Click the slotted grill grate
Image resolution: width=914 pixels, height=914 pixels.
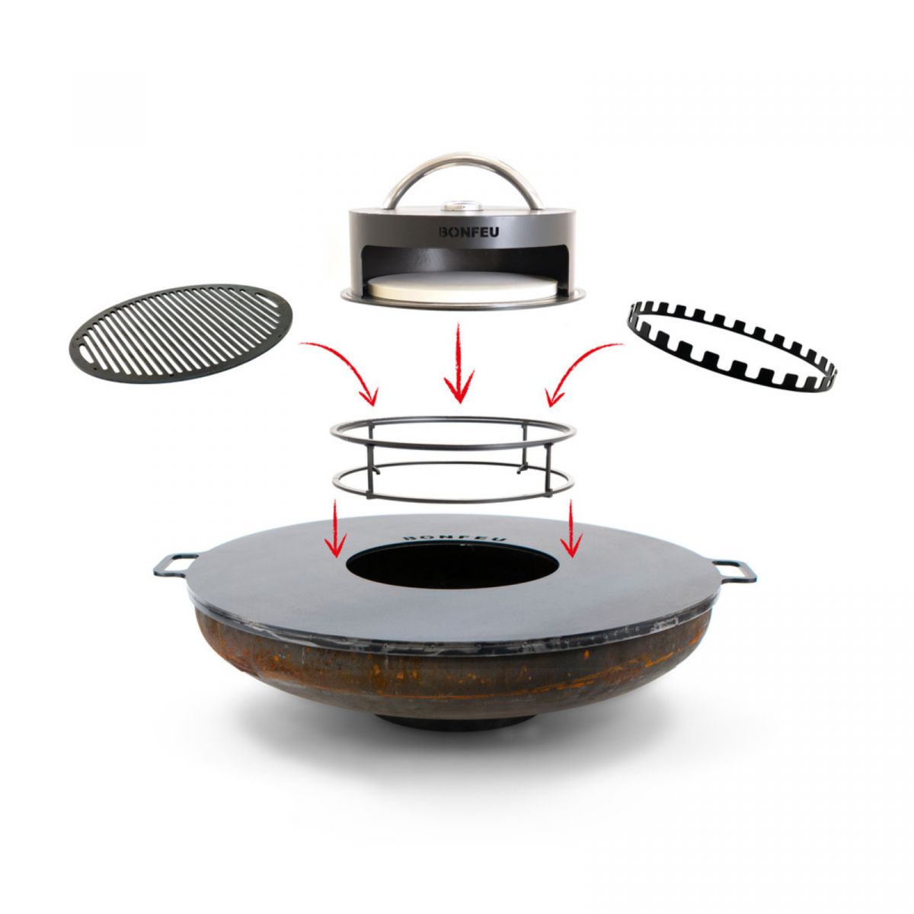[181, 333]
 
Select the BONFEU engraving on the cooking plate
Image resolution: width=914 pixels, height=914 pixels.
[454, 536]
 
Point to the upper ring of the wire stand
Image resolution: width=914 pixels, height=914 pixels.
[453, 417]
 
